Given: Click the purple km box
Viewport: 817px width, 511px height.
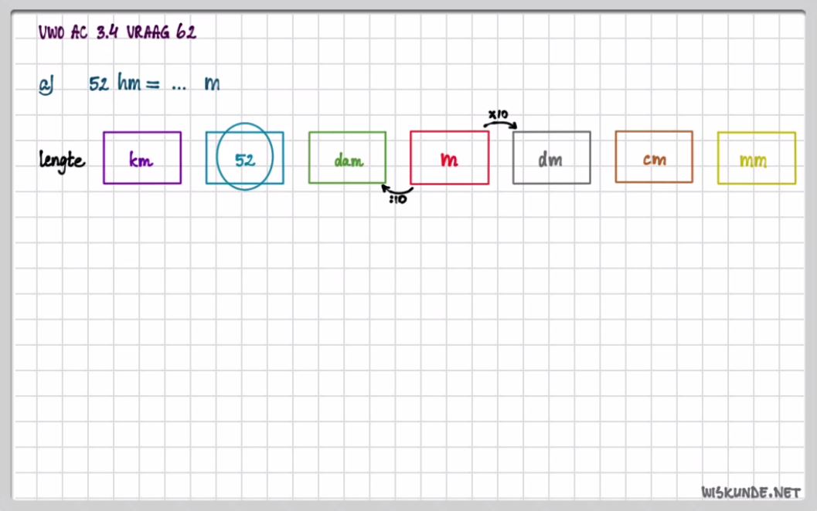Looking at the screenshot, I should [142, 158].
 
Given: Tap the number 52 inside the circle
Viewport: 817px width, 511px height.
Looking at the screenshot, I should [245, 160].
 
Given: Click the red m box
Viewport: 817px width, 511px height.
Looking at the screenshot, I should [449, 158].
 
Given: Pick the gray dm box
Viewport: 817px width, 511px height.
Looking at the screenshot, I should [551, 158].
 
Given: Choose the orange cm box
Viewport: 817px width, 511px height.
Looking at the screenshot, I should [654, 158].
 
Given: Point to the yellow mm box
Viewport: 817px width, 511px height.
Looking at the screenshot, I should [756, 159].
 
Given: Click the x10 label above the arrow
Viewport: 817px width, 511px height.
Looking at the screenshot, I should [498, 114].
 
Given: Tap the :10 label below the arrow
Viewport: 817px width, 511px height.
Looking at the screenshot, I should [398, 200].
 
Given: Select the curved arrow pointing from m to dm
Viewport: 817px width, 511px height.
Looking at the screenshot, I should [501, 124].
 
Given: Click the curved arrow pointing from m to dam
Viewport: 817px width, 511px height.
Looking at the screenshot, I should [397, 190].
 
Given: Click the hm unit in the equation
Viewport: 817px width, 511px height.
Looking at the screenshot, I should [128, 83].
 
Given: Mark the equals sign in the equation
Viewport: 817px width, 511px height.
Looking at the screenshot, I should [152, 84].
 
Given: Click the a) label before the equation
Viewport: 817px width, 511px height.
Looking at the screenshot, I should [46, 85].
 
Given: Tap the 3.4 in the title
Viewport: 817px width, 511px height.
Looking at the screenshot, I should [107, 32].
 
